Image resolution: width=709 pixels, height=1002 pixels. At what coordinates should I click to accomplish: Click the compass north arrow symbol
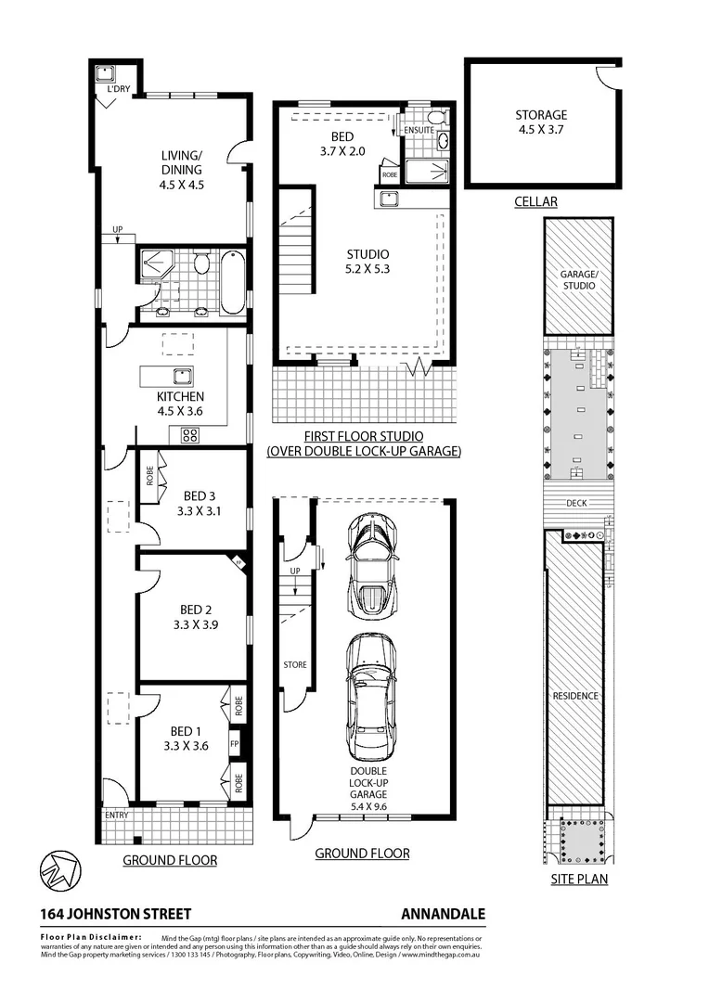pyautogui.click(x=59, y=869)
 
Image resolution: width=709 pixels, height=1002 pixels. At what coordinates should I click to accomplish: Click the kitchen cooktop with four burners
pyautogui.click(x=190, y=434)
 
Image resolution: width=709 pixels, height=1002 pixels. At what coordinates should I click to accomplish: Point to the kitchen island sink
pyautogui.click(x=181, y=376)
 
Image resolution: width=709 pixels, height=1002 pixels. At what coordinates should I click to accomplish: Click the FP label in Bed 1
pyautogui.click(x=235, y=744)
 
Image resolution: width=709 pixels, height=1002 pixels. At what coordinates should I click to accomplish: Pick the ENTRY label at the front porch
pyautogui.click(x=116, y=815)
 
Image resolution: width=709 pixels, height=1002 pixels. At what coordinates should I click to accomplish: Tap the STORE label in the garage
pyautogui.click(x=295, y=664)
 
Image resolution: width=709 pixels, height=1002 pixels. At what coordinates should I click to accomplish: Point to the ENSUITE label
pyautogui.click(x=419, y=130)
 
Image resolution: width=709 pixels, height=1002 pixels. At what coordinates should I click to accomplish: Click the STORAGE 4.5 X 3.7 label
pyautogui.click(x=541, y=122)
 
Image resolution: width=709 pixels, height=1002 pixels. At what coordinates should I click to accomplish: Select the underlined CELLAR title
pyautogui.click(x=536, y=201)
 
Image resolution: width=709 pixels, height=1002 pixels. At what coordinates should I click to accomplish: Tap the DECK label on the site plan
pyautogui.click(x=577, y=504)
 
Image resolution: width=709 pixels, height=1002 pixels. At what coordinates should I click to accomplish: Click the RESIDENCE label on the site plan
pyautogui.click(x=575, y=695)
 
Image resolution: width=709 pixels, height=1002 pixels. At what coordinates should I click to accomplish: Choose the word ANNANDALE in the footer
pyautogui.click(x=443, y=914)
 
